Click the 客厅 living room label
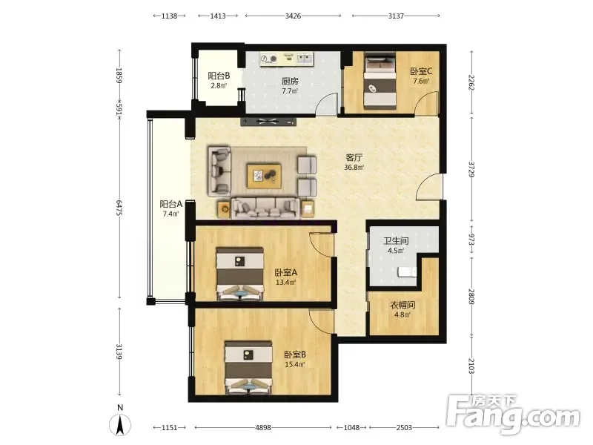tap(354, 157)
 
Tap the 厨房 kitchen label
tap(290, 82)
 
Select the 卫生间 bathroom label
tap(396, 241)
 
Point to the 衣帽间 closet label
tap(402, 305)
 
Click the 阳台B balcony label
tap(219, 76)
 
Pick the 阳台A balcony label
tap(171, 205)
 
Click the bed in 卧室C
tap(380, 81)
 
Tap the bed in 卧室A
tap(239, 274)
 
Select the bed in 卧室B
tap(248, 368)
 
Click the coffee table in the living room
tap(264, 176)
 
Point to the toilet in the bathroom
tap(407, 271)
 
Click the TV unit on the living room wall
tap(268, 122)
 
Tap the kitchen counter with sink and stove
tap(287, 59)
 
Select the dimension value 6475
tap(119, 208)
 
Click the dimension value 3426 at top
tap(293, 16)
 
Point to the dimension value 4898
tap(263, 428)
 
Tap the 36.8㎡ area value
tap(354, 168)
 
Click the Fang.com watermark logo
tap(513, 415)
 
